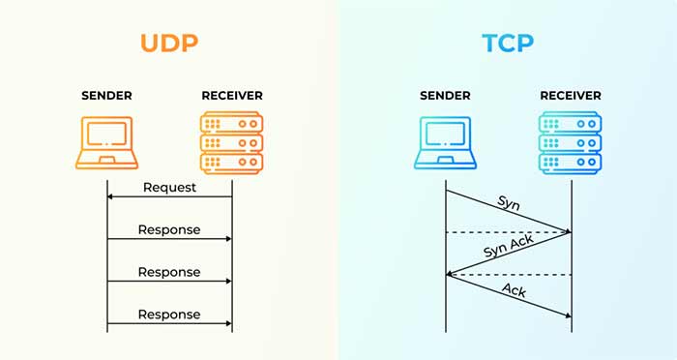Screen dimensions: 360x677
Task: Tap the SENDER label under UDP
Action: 107,96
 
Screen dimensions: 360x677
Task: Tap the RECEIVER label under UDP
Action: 232,96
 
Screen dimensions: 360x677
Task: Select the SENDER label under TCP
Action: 446,96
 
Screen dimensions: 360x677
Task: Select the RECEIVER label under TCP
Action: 571,96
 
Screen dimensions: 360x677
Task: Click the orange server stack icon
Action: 232,142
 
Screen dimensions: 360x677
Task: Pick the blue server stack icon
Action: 571,142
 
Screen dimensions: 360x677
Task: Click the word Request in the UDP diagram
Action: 169,187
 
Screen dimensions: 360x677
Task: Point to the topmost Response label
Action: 169,229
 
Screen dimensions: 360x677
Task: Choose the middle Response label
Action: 169,272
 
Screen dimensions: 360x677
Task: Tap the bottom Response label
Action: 169,315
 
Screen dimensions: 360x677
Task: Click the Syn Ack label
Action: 508,250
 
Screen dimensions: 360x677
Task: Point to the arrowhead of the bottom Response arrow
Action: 228,323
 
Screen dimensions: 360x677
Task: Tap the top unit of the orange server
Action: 232,123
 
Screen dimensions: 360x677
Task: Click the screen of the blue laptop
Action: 446,136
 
